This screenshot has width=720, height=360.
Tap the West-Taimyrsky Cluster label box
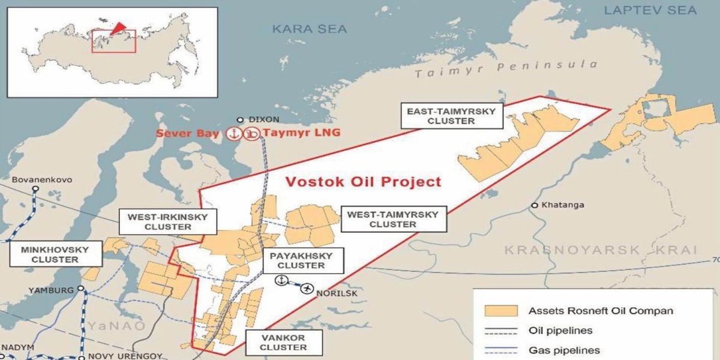pos(393,219)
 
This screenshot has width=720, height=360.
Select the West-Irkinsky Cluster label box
pos(168,222)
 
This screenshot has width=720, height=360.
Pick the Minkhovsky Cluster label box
pos(55,254)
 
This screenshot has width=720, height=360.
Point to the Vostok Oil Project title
pos(363,182)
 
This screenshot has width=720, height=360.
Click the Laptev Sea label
pos(650,10)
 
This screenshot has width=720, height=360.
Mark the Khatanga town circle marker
pos(534,205)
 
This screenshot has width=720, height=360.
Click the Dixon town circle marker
pos(241,119)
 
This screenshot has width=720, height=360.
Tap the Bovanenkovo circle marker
pos(35,188)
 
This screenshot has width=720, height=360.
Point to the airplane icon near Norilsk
pos(308,289)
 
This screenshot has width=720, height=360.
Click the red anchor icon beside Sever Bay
pos(233,133)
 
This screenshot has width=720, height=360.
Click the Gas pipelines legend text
pos(564,350)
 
